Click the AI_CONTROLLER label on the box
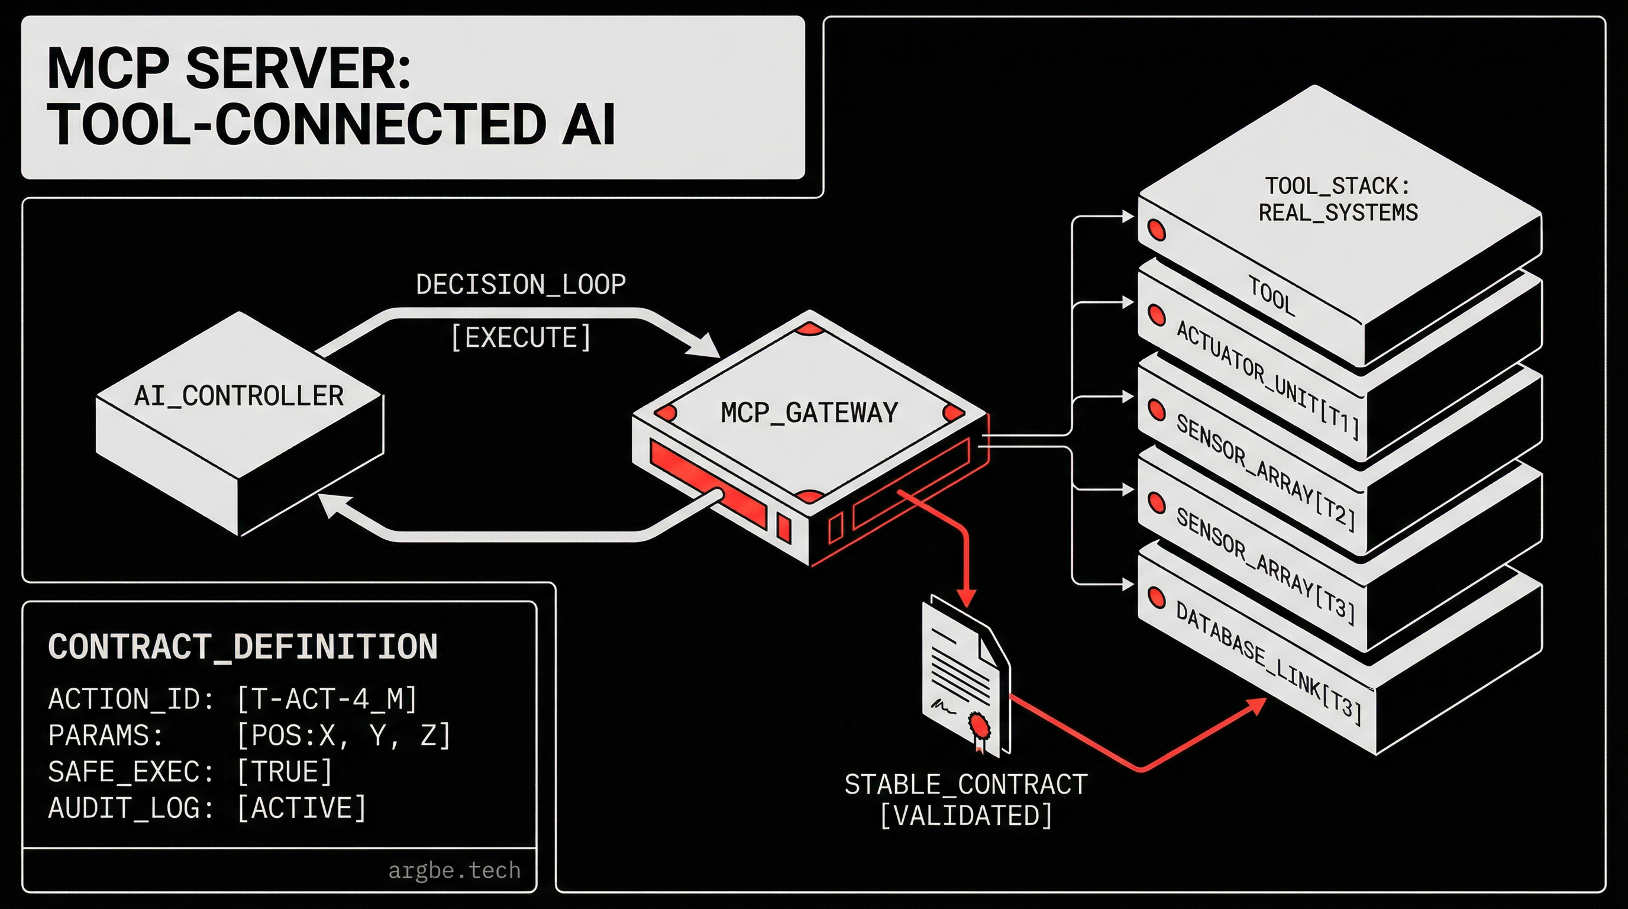click(x=239, y=397)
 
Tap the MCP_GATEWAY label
click(x=809, y=413)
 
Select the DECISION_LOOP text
click(x=521, y=285)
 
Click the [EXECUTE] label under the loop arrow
click(x=521, y=337)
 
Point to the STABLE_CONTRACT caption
click(x=965, y=785)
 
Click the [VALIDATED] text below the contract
click(x=965, y=815)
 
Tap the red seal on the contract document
click(x=979, y=725)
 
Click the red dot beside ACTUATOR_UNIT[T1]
click(x=1157, y=315)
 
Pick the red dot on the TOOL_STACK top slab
click(x=1157, y=230)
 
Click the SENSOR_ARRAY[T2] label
click(x=1265, y=473)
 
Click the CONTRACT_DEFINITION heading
click(x=243, y=647)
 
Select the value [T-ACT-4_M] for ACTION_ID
click(x=327, y=699)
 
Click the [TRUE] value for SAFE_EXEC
click(x=285, y=772)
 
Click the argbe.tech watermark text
click(x=454, y=871)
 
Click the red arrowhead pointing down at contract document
click(x=966, y=597)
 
